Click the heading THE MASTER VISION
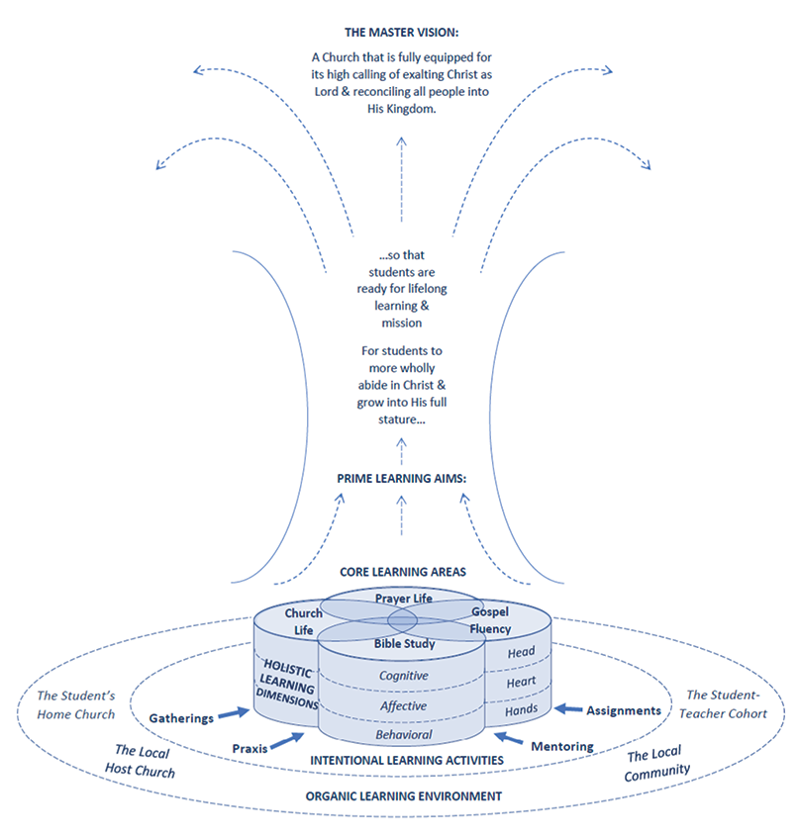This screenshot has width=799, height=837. point(402,33)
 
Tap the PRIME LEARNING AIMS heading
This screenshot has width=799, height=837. point(402,479)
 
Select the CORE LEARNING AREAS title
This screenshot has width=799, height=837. point(403,572)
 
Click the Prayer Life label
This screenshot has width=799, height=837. point(404,599)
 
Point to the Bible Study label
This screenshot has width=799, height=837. point(404,644)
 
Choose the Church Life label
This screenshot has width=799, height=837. point(303,622)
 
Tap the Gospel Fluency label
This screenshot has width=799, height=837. point(490,620)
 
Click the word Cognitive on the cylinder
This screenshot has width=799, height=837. point(404,676)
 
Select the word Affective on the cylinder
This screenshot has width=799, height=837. point(403,705)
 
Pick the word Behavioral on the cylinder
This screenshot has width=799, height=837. point(404,735)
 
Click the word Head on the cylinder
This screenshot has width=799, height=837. point(521,652)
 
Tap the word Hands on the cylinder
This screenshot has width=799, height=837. point(521,710)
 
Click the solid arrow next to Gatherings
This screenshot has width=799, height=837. point(234,713)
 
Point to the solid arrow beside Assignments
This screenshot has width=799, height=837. point(568,709)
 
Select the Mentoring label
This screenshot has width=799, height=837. point(561,746)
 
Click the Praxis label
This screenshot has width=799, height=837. point(250,749)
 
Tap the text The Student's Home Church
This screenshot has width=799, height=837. point(76,705)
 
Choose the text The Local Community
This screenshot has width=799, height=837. point(656,765)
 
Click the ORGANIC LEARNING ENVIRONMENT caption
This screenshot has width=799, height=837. point(403,796)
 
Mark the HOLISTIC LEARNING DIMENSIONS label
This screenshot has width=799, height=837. point(287,685)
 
